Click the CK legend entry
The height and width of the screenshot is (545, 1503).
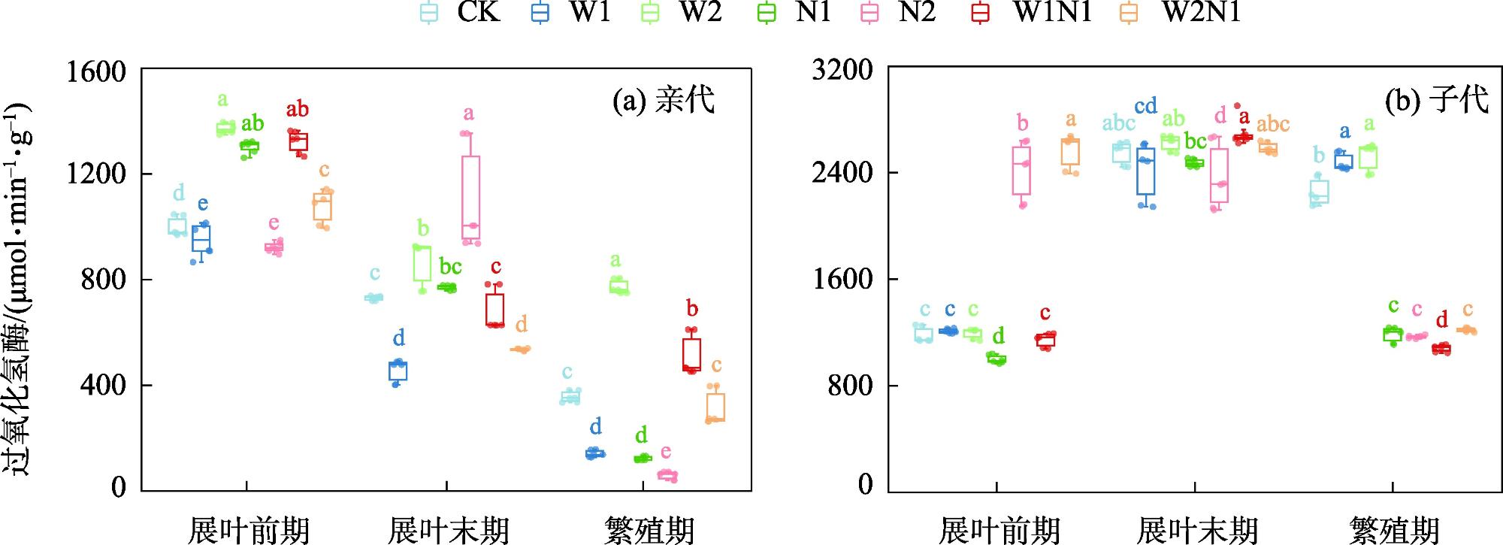click(x=460, y=13)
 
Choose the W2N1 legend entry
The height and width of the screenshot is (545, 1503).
click(x=1184, y=13)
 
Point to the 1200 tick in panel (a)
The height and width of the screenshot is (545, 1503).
click(x=95, y=174)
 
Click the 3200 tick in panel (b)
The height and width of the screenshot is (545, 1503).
click(x=842, y=70)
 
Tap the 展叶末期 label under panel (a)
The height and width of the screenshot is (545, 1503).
click(x=448, y=530)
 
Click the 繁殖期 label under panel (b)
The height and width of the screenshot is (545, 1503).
click(x=1393, y=530)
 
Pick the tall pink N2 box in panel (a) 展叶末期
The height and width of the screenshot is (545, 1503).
click(x=471, y=199)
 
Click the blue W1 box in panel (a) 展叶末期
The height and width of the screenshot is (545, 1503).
click(x=398, y=371)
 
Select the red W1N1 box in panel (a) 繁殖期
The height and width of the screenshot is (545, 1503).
click(x=691, y=354)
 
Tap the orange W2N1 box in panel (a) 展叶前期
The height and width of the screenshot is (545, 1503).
click(x=322, y=207)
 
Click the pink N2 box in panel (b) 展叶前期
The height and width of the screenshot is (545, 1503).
click(x=1021, y=171)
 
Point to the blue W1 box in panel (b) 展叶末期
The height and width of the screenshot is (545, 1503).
click(x=1145, y=171)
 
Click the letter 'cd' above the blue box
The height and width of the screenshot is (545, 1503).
click(x=1145, y=107)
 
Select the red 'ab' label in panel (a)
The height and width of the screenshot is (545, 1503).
click(x=297, y=110)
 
